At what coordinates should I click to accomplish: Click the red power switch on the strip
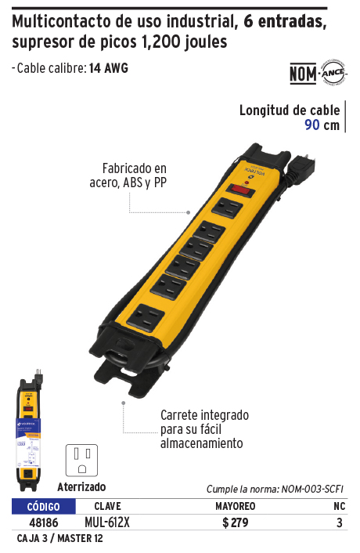[x=240, y=190]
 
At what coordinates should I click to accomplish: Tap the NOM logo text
[x=303, y=74]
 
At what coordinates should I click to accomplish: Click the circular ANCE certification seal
[x=333, y=73]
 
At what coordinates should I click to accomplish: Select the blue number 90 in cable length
[x=312, y=125]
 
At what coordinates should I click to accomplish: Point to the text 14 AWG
[x=109, y=67]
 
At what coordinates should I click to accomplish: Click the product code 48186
[x=44, y=522]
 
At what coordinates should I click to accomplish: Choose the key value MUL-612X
[x=107, y=522]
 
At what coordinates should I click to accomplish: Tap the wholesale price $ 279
[x=236, y=522]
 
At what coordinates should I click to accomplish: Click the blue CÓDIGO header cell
[x=44, y=507]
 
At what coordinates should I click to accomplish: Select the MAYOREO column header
[x=236, y=507]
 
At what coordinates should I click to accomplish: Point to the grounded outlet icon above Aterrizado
[x=81, y=461]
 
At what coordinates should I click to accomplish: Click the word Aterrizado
[x=81, y=487]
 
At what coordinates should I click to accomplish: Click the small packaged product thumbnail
[x=29, y=430]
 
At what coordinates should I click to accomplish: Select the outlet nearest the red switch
[x=227, y=208]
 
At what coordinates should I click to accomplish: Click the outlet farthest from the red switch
[x=146, y=317]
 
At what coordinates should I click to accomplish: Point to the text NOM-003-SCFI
[x=312, y=489]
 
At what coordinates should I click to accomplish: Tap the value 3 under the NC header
[x=339, y=522]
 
